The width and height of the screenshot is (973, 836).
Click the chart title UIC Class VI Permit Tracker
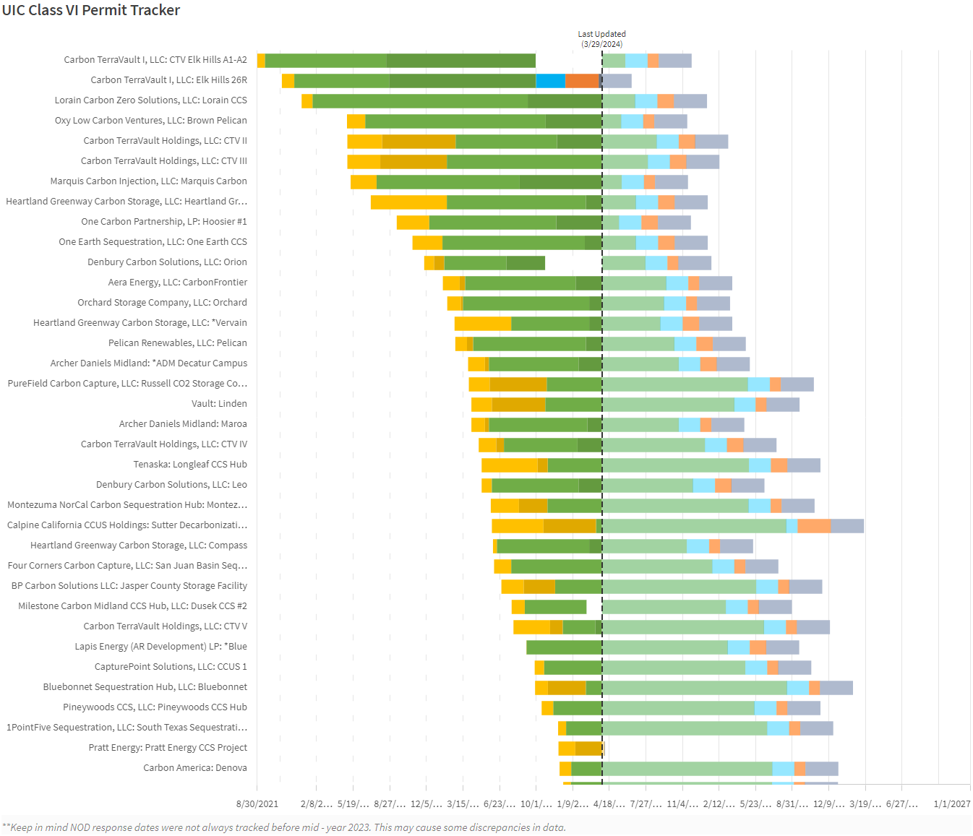pos(91,10)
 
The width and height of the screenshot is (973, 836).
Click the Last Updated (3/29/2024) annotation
pos(601,39)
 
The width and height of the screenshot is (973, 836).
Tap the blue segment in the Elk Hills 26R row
pos(550,80)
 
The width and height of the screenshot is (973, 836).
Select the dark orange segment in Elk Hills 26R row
pos(581,80)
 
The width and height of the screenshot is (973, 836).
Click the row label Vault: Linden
pos(219,404)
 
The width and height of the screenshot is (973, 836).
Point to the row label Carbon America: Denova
pos(195,768)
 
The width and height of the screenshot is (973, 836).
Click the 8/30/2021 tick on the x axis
pos(257,803)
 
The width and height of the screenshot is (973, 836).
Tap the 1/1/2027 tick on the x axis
pos(951,803)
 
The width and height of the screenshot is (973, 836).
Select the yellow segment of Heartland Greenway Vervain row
pos(482,323)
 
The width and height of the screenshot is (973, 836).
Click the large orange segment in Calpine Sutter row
pos(814,525)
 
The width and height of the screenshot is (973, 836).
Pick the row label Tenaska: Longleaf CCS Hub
pos(190,465)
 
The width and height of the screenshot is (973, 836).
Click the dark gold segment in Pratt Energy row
pos(588,748)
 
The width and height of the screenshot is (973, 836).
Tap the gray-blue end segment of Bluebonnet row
pos(836,687)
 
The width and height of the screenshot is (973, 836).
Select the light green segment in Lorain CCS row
pos(619,100)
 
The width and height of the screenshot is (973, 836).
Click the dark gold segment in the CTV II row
pos(419,141)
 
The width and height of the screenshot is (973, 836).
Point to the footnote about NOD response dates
pos(284,827)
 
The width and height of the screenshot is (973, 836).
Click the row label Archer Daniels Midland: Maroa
pos(183,424)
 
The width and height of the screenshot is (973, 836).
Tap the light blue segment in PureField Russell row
pos(759,384)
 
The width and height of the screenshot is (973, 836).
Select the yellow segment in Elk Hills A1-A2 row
pos(261,60)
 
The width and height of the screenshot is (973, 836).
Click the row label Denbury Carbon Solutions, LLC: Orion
pos(167,262)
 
